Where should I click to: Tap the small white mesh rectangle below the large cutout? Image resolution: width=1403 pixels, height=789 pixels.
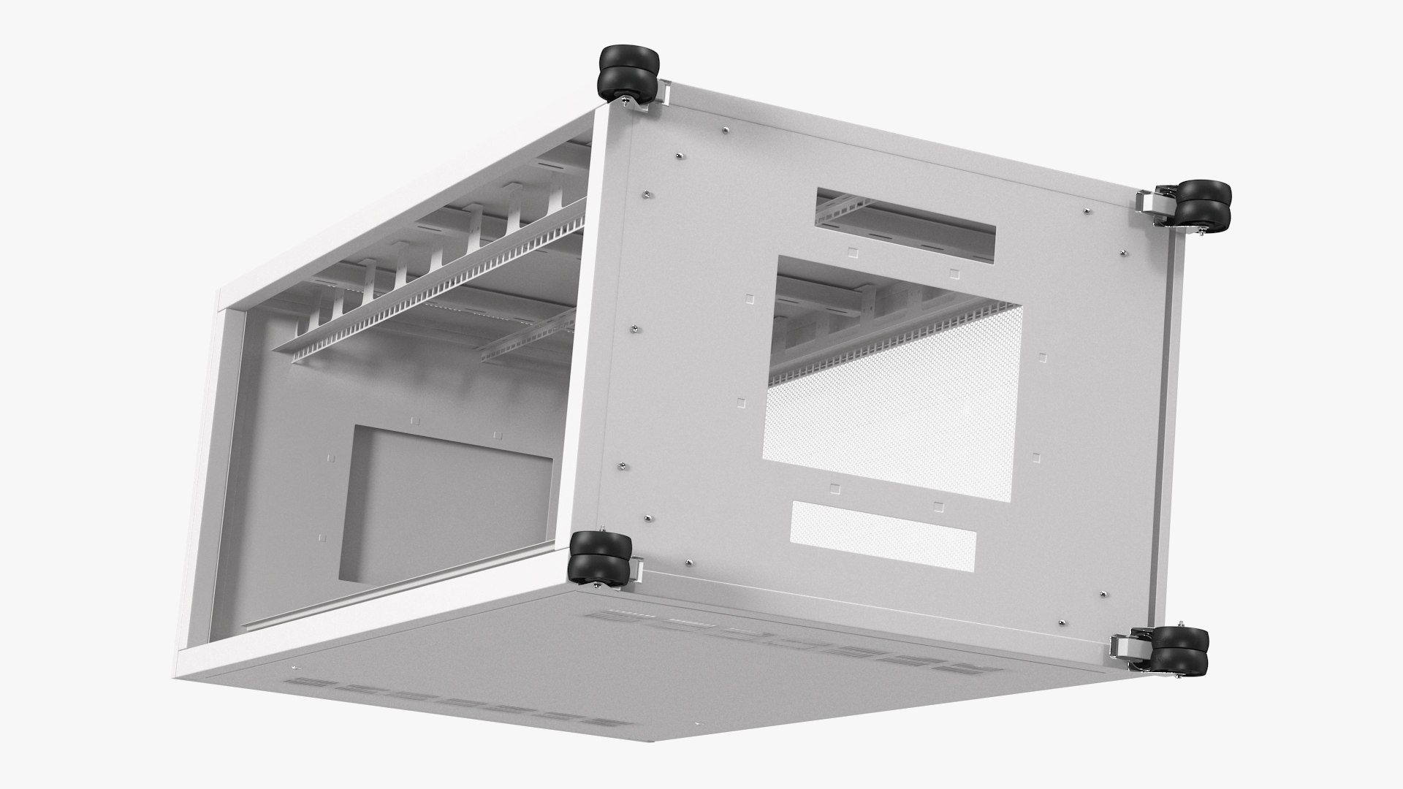(x=883, y=535)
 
